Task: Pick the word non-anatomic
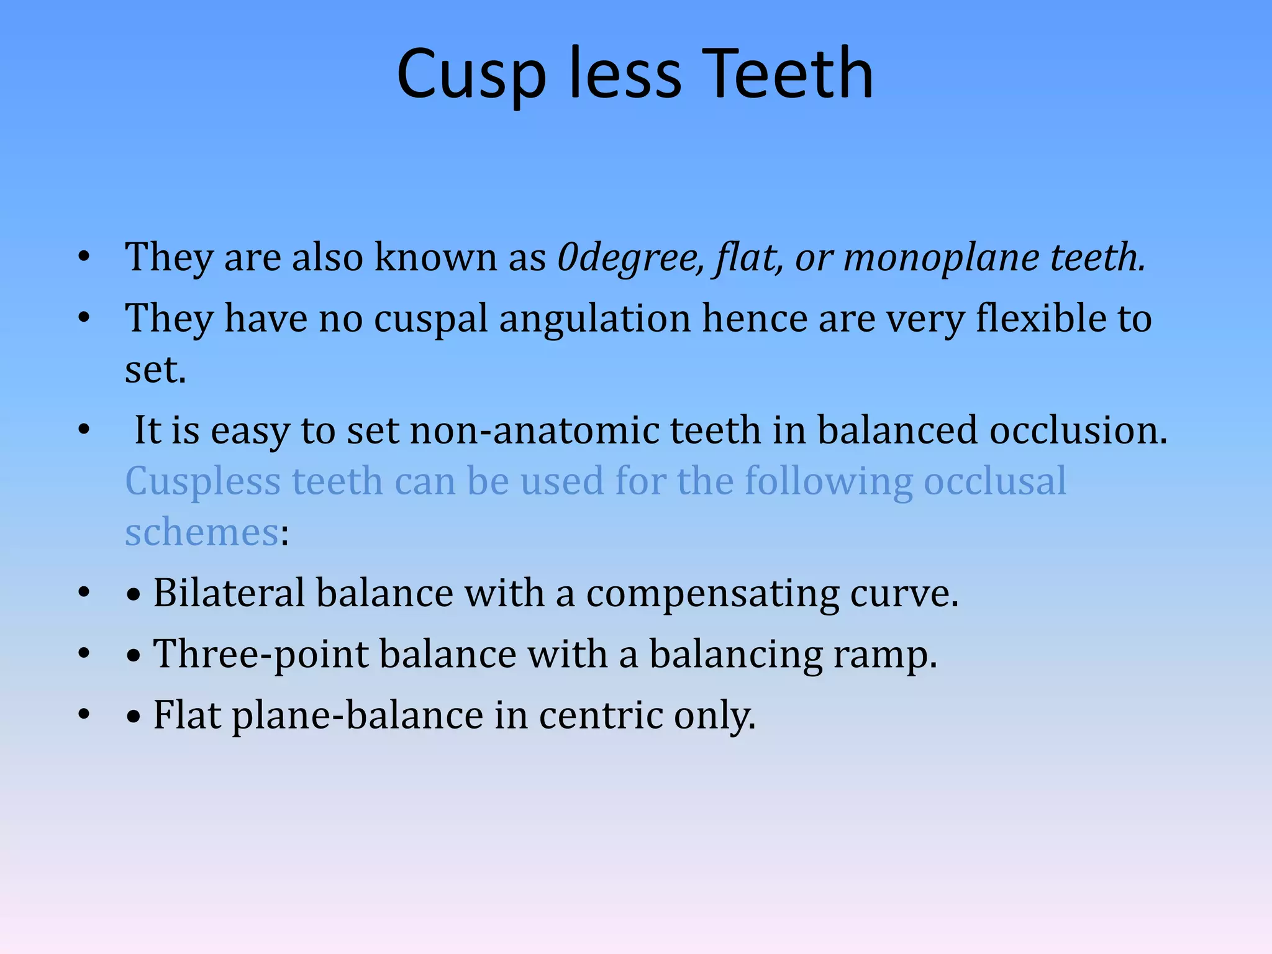(x=534, y=430)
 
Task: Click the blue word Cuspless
(x=202, y=482)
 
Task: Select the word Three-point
(x=261, y=655)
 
